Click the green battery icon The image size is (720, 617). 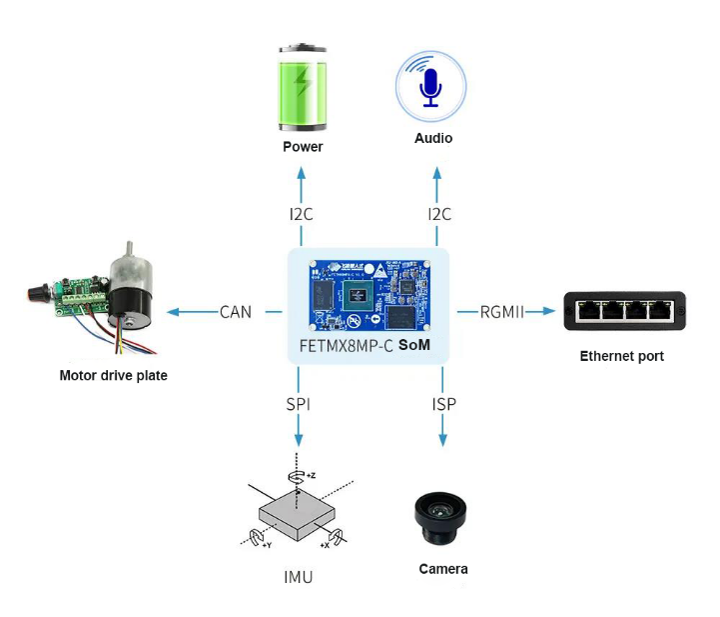click(x=303, y=88)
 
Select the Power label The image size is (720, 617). click(x=303, y=147)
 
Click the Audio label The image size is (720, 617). click(x=433, y=138)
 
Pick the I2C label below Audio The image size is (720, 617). click(x=439, y=214)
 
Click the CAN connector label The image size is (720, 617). click(x=236, y=312)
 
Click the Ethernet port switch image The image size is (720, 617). click(x=624, y=311)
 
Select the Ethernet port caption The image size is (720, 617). click(x=622, y=356)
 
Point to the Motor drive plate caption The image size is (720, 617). click(x=114, y=376)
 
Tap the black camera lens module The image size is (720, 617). click(x=440, y=518)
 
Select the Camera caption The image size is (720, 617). click(x=443, y=569)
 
